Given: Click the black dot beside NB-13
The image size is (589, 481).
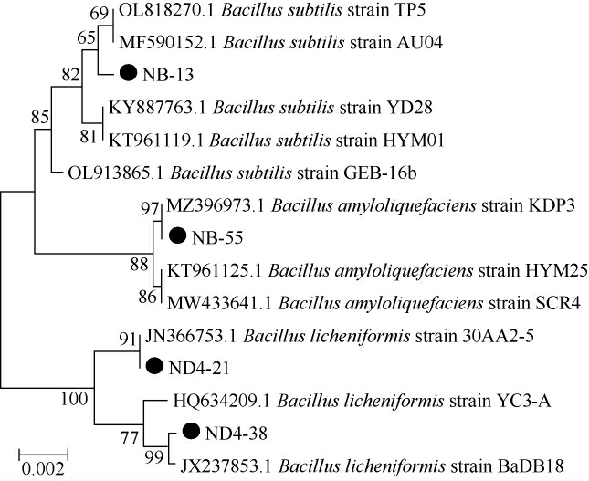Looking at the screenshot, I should click(129, 73).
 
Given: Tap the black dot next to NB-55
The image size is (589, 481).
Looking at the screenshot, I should click(177, 236).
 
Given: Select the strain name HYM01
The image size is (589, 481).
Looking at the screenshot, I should click(416, 140).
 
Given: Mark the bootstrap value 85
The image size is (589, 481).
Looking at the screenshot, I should click(38, 116).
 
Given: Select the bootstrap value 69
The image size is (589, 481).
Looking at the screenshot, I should click(99, 13).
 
